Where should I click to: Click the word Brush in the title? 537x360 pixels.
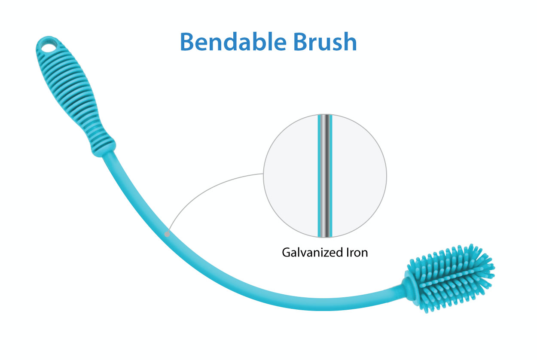[x=325, y=42]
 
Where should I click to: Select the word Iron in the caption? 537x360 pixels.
[x=357, y=253]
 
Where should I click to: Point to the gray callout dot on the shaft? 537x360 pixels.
[x=167, y=234]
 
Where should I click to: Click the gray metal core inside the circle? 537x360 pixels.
[x=325, y=176]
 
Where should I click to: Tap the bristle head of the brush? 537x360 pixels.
[x=450, y=278]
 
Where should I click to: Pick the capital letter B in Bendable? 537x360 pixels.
[x=188, y=42]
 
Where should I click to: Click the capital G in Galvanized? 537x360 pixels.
[x=287, y=253]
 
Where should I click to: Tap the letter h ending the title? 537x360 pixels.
[x=350, y=41]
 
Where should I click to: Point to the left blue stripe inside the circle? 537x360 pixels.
[x=319, y=176]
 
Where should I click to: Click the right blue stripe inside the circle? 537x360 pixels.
[x=331, y=176]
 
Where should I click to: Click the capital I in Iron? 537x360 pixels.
[x=347, y=253]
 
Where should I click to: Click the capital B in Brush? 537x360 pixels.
[x=301, y=42]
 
